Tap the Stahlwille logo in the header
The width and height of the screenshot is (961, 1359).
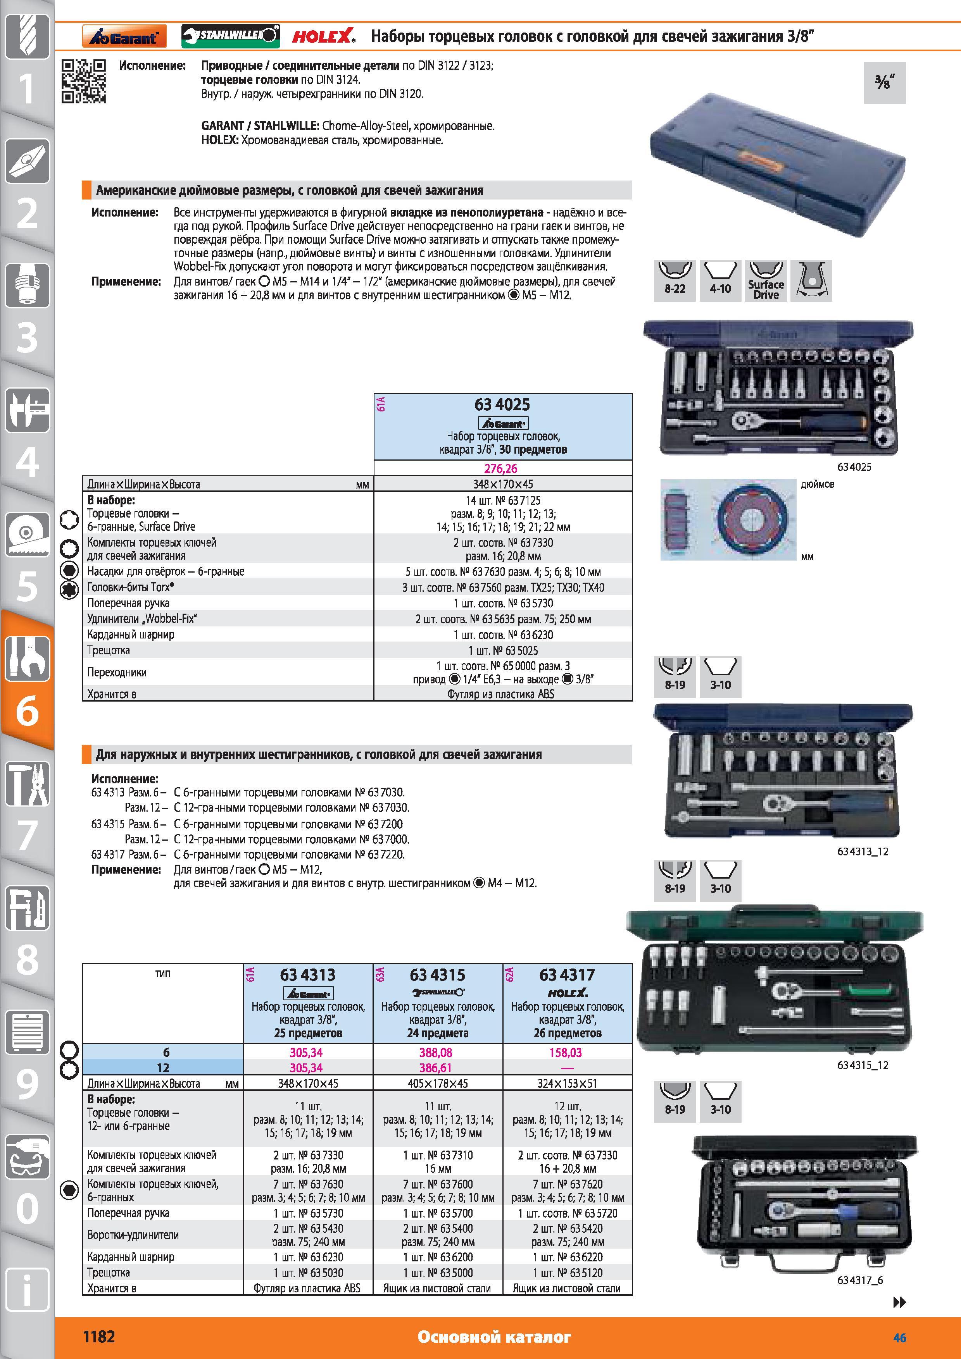230,36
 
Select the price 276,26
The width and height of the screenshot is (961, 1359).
501,468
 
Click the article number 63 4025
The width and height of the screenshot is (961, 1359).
502,404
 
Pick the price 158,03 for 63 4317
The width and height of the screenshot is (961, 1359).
566,1053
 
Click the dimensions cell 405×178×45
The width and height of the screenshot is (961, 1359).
438,1083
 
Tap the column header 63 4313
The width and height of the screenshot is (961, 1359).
308,974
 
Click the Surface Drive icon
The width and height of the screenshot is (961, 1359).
766,280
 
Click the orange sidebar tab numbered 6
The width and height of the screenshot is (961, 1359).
27,681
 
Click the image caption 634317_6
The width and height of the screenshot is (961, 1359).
860,1280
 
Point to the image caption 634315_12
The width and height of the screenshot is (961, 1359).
863,1065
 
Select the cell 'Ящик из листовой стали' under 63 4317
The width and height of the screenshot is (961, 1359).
567,1288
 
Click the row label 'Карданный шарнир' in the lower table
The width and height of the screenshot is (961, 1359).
131,1257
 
